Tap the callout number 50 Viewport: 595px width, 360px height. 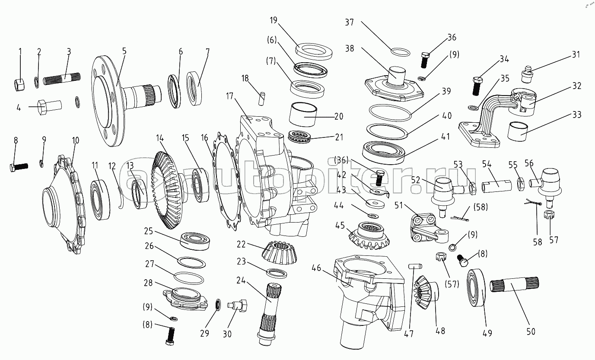[x=531, y=331]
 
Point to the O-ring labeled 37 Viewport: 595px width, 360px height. [x=400, y=52]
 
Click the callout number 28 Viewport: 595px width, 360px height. [x=148, y=283]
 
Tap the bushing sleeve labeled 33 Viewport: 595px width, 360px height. [x=520, y=129]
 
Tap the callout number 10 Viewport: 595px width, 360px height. [x=76, y=140]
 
